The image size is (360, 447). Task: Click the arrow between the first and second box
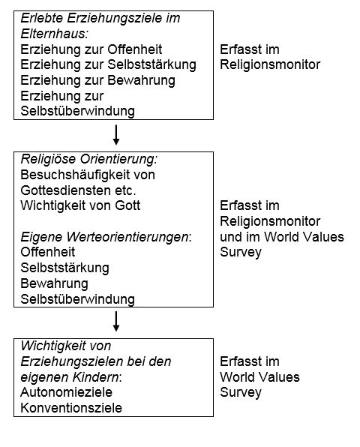coord(116,135)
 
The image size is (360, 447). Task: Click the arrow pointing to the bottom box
coord(116,321)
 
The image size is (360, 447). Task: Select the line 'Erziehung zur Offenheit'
coord(91,49)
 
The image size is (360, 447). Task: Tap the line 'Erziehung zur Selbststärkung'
coord(108,64)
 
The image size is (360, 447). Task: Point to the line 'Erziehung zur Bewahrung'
coord(97,80)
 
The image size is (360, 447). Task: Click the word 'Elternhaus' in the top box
coord(53,34)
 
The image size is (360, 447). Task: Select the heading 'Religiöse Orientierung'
coord(88,159)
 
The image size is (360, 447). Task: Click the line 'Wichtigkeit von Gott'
coord(80,205)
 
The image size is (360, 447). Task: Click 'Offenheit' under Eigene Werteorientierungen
coord(48,252)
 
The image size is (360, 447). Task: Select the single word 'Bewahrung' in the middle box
coord(54,283)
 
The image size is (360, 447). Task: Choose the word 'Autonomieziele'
coord(66,392)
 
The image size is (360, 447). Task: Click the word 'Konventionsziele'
coord(71,408)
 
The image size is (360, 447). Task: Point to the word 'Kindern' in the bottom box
coord(95,376)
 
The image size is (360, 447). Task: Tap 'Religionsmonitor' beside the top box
coord(270,64)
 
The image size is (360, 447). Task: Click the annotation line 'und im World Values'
coord(282,236)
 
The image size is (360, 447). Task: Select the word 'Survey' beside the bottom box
coord(241,392)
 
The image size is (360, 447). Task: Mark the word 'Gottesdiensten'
coord(65,190)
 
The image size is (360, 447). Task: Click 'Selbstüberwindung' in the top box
coord(77,111)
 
